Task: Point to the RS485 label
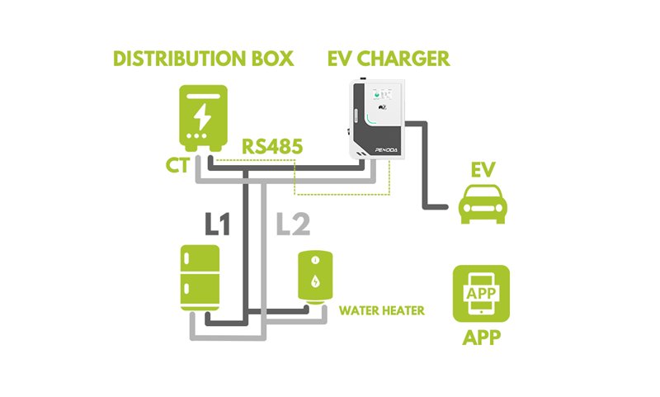(x=272, y=146)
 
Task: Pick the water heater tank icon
(x=315, y=276)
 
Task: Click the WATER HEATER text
(x=382, y=311)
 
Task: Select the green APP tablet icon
(x=481, y=294)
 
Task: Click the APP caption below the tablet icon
(x=481, y=338)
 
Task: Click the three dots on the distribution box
(x=203, y=135)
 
